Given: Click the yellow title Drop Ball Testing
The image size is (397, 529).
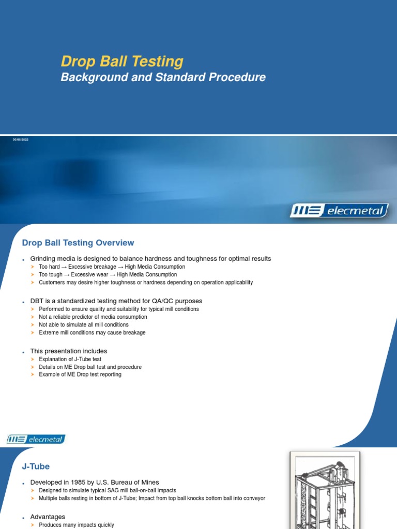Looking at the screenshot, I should pos(122,61).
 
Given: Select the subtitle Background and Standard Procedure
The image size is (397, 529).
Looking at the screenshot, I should pos(163,77).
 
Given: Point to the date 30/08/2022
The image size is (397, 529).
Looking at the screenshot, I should pos(21,140).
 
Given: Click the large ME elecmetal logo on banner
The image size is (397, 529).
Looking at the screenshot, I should pos(339,210).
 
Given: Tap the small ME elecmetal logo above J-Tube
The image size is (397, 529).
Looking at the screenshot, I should pos(36,440).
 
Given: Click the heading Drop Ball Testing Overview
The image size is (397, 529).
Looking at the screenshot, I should pos(78,243).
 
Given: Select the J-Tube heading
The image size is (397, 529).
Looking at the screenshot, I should pos(35,466).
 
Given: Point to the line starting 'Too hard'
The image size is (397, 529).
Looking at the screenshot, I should pos(112,267).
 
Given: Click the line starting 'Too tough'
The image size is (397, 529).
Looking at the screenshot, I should pos(108,275).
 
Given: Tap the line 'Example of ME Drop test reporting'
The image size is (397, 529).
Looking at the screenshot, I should pos(80,375).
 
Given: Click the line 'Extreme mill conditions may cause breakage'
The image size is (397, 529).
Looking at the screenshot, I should pos(92,333).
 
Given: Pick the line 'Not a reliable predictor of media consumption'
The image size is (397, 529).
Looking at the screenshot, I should pos(93,317).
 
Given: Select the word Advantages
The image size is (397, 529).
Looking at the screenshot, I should pos(48,517).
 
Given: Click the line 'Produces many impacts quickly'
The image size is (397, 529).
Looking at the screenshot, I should pos(76,525).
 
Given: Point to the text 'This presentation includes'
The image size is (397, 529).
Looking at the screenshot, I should pos(69,351).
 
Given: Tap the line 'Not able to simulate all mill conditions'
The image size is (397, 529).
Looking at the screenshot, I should pos(84,325).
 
